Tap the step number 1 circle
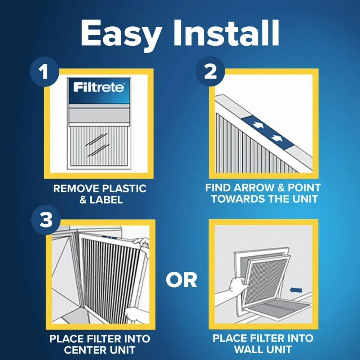click(44, 72)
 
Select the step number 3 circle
click(46, 220)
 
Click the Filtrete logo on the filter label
click(99, 87)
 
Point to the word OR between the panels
click(181, 280)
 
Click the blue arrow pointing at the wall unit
click(296, 289)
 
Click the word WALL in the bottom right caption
click(252, 349)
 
